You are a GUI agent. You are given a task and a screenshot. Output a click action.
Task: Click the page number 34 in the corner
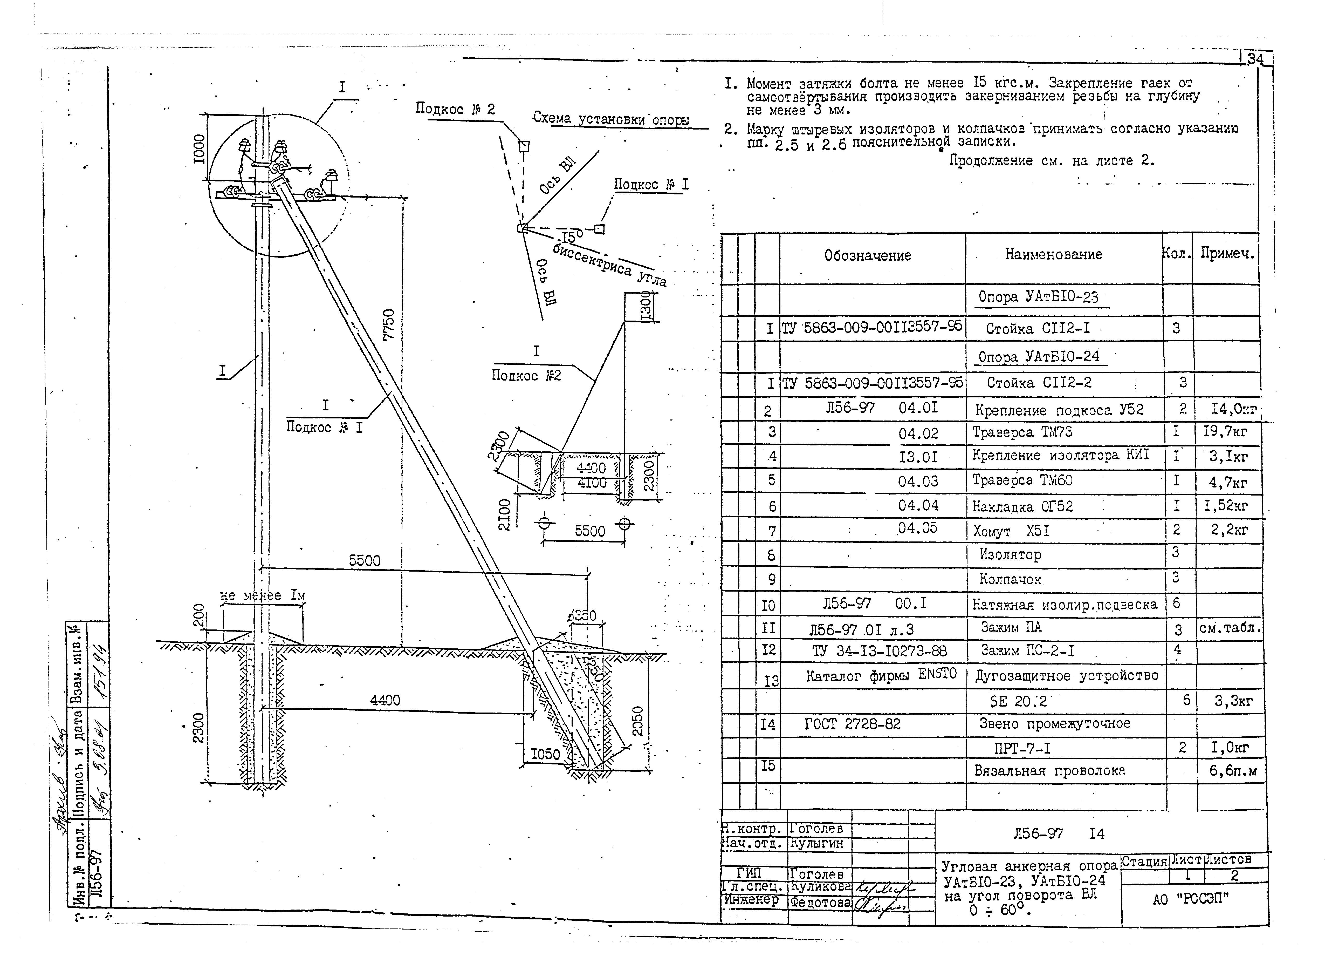point(1255,60)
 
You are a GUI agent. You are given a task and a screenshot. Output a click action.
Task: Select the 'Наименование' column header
point(1053,254)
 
